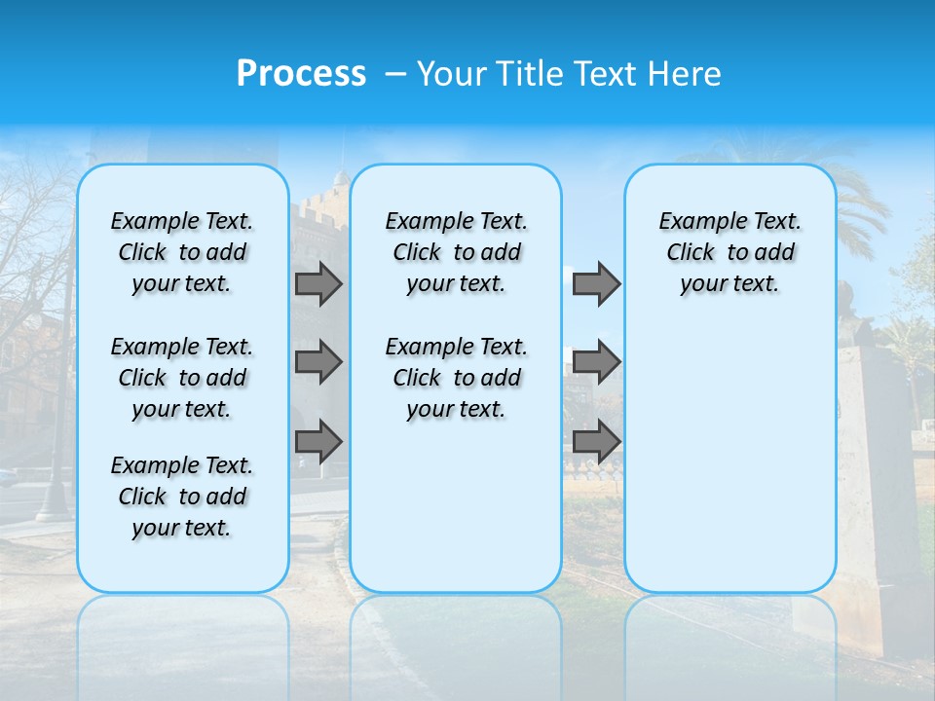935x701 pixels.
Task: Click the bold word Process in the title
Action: pos(301,74)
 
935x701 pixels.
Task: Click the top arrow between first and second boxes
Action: pos(318,283)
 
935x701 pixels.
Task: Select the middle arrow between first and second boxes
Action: pos(318,362)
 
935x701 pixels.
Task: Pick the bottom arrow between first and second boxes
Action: pos(318,441)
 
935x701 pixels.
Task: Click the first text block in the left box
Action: pos(182,252)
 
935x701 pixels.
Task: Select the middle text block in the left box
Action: pos(182,378)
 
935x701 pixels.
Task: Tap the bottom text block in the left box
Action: pos(182,497)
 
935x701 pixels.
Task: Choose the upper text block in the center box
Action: pos(456,252)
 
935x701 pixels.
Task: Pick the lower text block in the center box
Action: pos(456,378)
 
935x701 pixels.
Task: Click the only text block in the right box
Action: pos(729,252)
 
